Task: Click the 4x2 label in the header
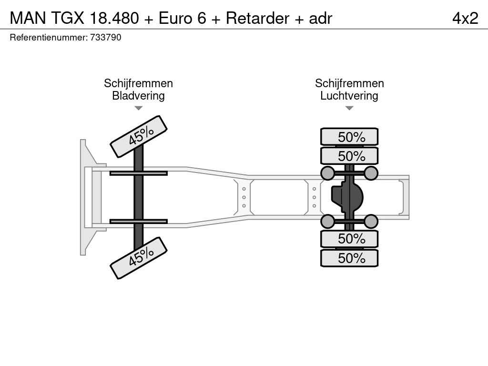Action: (465, 18)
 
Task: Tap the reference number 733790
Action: (105, 38)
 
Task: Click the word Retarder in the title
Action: (257, 18)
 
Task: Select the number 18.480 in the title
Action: (114, 18)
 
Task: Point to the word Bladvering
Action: (138, 96)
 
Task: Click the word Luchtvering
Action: (349, 96)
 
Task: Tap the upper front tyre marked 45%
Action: (139, 136)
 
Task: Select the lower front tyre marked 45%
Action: (139, 258)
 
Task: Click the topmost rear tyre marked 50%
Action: (349, 137)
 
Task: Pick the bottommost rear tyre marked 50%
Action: (349, 258)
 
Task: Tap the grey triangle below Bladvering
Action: (139, 108)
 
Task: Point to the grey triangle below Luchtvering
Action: (349, 108)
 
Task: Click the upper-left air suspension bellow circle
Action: (328, 173)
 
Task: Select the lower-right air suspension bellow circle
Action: (371, 222)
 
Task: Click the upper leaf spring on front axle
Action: (139, 173)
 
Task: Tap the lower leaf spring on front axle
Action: (139, 221)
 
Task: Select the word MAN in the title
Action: (28, 18)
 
